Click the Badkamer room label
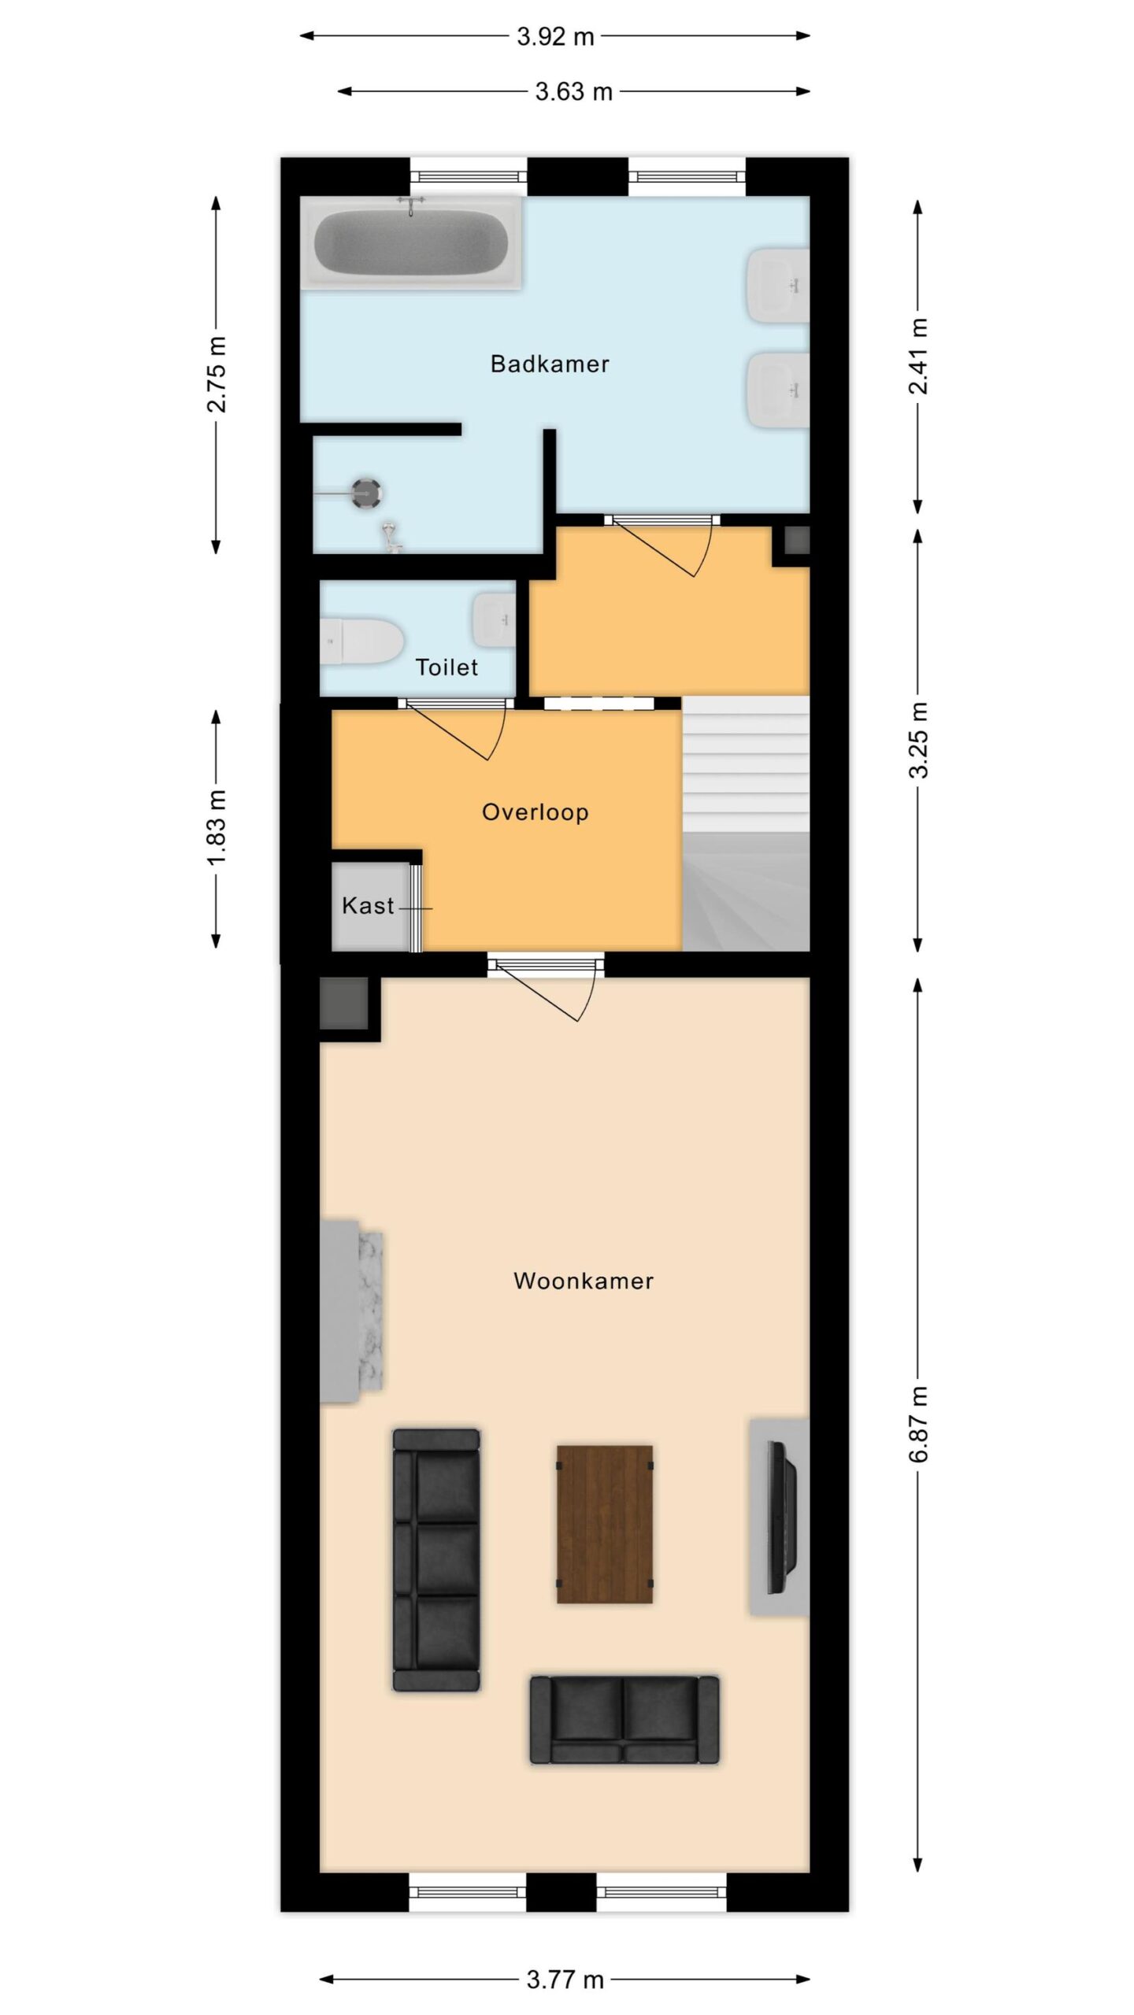coord(550,364)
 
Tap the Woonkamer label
coord(584,1281)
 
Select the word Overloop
coord(535,812)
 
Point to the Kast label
coord(368,905)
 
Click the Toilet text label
coord(447,667)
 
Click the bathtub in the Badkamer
coord(411,242)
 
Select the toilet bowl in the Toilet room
coord(361,641)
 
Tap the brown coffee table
coord(605,1524)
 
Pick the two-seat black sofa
coord(624,1719)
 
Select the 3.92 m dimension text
coord(555,37)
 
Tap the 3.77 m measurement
coord(565,1980)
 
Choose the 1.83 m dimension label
coord(217,828)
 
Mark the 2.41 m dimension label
coord(918,356)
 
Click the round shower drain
coord(366,494)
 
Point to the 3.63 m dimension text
coord(574,92)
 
